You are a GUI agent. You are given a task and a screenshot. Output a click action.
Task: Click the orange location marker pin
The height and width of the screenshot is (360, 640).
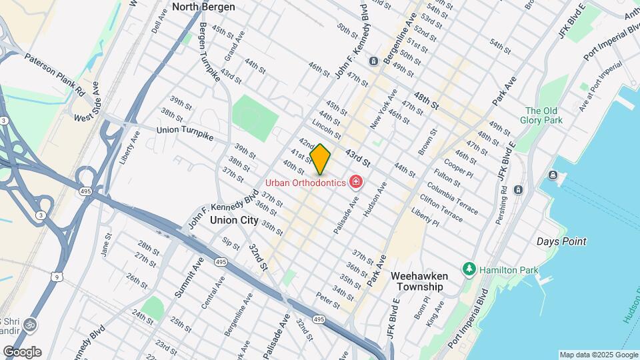[x=321, y=159]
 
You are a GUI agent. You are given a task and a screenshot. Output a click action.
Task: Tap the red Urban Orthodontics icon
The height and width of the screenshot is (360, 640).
[x=357, y=182]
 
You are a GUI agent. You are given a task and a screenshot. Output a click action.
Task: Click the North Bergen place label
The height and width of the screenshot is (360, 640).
[x=203, y=7]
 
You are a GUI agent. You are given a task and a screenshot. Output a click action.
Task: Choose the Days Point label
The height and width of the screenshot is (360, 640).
[x=561, y=241]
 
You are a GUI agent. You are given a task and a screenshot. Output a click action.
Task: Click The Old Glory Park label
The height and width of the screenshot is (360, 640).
[x=543, y=115]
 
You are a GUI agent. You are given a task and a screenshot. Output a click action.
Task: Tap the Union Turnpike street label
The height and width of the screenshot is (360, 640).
[x=185, y=133]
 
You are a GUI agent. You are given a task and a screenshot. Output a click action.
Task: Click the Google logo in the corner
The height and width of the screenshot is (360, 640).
[x=22, y=352]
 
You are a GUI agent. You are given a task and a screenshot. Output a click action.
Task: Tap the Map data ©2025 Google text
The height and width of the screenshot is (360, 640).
[x=598, y=355]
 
